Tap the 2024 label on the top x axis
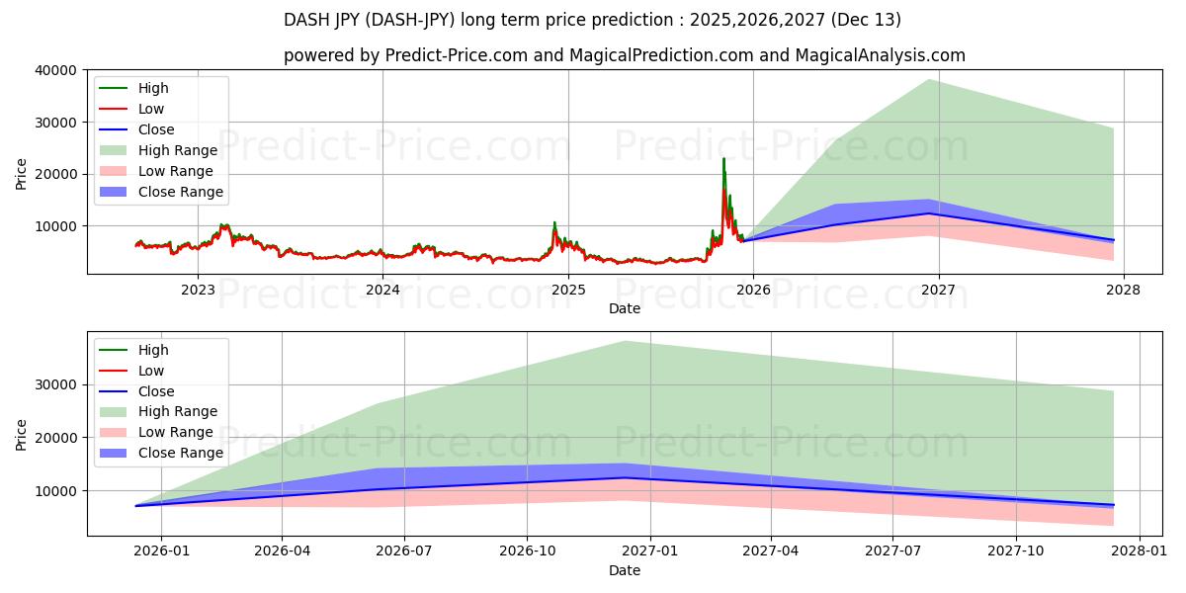(x=382, y=290)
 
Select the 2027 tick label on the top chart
(x=938, y=290)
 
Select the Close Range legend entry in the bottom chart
(x=180, y=453)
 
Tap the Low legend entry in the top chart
(x=151, y=109)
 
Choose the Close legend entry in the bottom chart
(x=156, y=391)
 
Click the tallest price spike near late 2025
(x=723, y=159)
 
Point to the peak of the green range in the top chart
(x=928, y=80)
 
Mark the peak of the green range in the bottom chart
(x=625, y=342)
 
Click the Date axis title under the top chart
(x=624, y=308)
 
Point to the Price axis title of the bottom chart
(x=22, y=434)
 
